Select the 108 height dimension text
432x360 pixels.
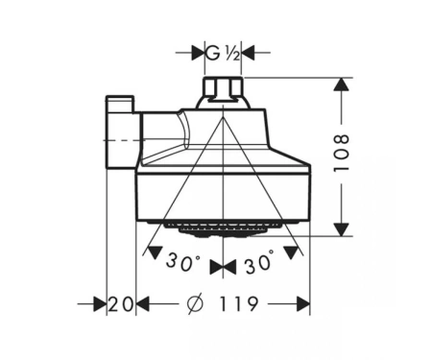click(x=341, y=154)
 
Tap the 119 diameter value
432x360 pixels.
click(x=238, y=303)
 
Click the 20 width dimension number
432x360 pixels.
click(x=120, y=304)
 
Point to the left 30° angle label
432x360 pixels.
click(x=182, y=261)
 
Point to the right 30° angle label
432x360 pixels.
click(x=259, y=262)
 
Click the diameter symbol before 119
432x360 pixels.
click(x=195, y=303)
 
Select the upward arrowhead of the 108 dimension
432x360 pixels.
click(x=342, y=84)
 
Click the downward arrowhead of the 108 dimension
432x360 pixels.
click(x=342, y=229)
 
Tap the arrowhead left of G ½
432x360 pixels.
click(x=199, y=53)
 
